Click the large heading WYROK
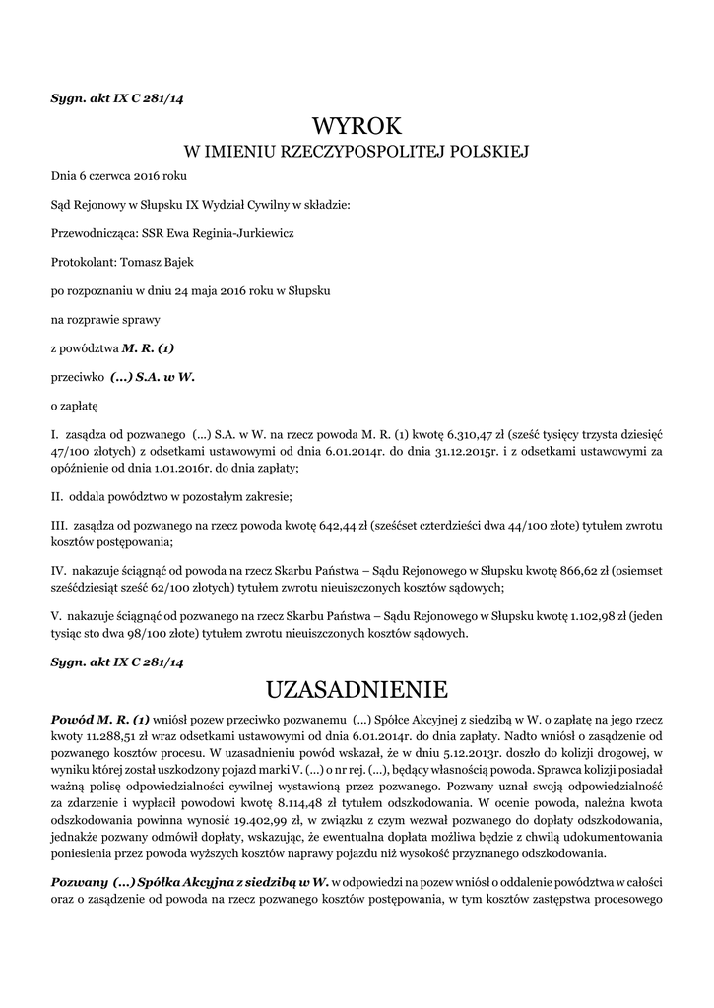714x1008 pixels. (x=357, y=126)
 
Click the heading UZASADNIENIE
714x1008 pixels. (x=357, y=686)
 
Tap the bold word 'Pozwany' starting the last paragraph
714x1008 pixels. (x=79, y=883)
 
